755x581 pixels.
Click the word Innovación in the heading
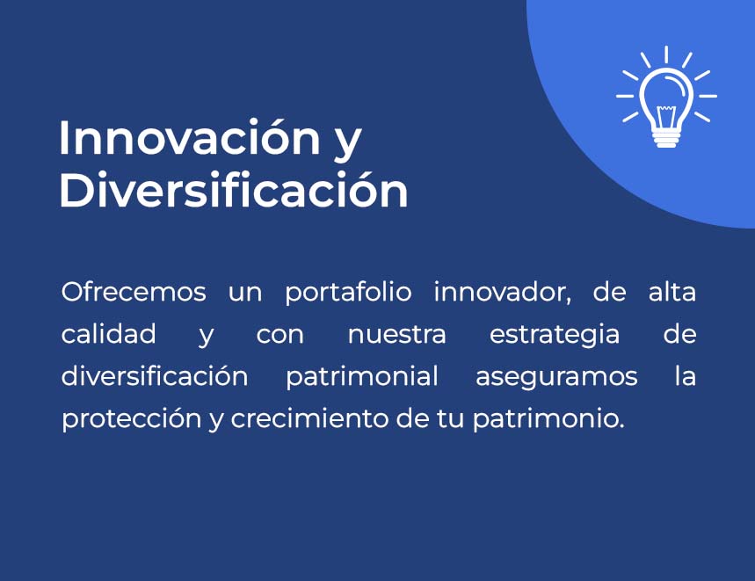190,137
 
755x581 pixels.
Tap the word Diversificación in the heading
234,190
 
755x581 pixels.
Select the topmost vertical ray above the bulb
666,54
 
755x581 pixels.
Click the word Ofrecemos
134,292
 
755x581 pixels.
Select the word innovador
502,293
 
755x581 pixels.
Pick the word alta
672,292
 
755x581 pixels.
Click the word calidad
109,334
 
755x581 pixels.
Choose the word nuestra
396,335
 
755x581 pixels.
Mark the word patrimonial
361,377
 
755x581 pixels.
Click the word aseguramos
556,377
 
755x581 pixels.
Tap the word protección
132,419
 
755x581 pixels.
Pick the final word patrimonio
548,419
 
